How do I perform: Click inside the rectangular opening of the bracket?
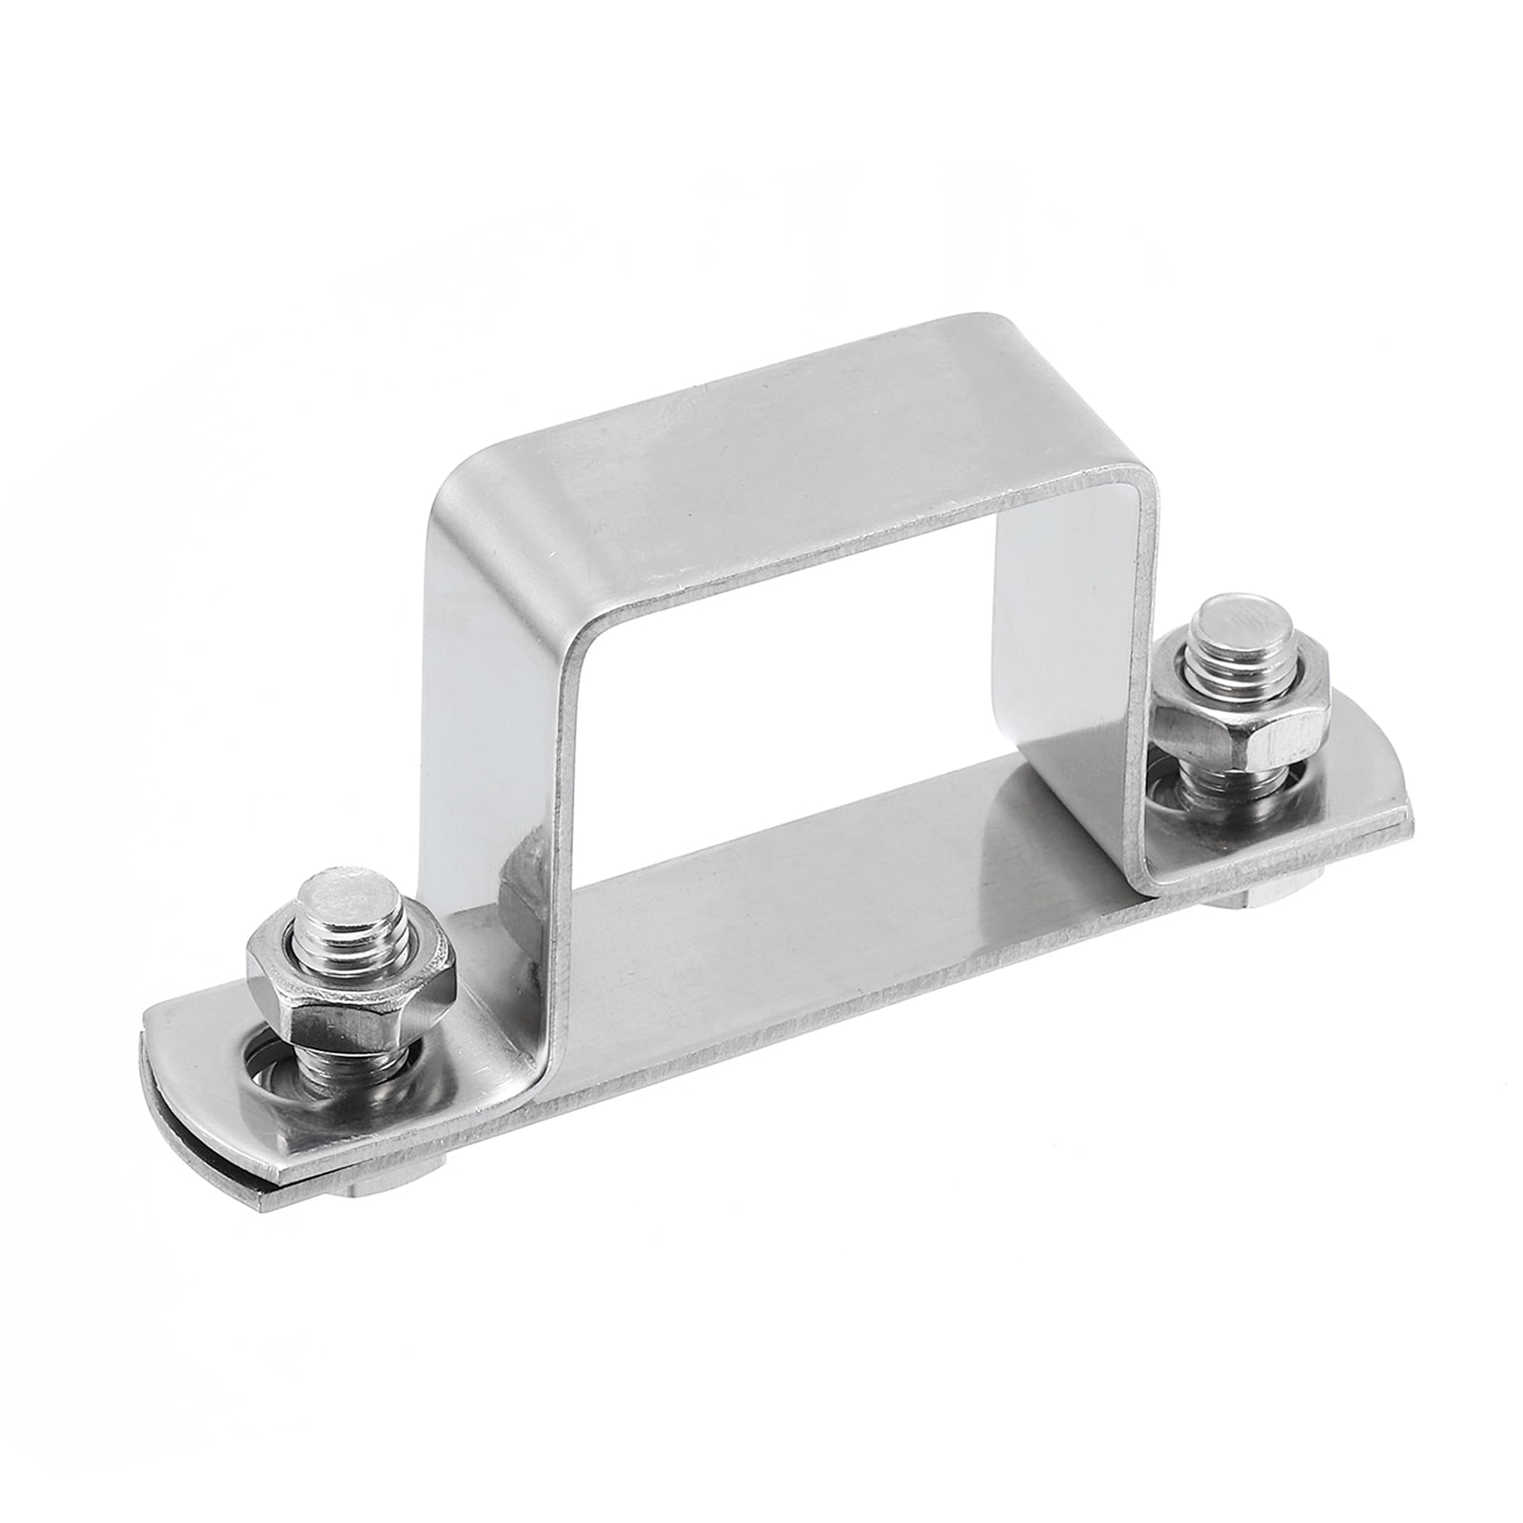[x=857, y=666]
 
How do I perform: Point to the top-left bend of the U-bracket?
[x=466, y=476]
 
